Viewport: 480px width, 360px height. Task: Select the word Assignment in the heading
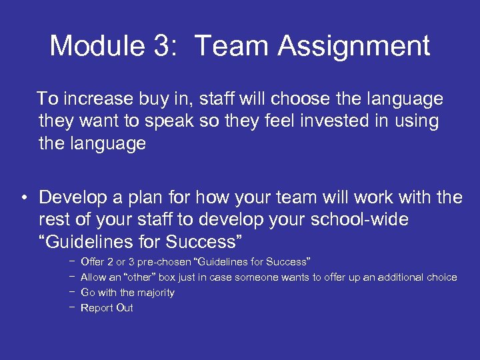354,47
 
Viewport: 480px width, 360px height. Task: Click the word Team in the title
233,47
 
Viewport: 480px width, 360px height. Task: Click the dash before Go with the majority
70,292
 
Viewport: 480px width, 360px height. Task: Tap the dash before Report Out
70,307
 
